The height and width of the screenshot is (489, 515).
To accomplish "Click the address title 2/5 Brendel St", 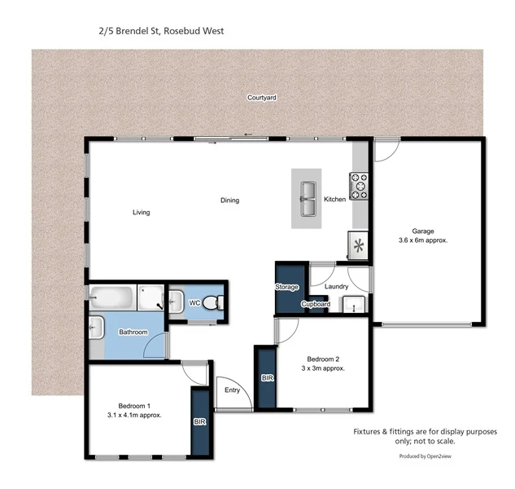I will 156,31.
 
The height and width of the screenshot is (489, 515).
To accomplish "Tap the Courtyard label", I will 262,97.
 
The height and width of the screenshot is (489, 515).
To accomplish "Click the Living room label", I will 142,213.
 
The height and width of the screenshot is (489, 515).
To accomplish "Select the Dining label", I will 229,200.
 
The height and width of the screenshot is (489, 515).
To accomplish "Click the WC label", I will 194,303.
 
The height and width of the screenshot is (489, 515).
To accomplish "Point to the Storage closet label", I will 286,287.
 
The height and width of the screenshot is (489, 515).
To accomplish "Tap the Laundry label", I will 336,287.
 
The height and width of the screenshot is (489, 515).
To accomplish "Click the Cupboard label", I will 315,305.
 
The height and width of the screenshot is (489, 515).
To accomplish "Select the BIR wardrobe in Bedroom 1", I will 199,422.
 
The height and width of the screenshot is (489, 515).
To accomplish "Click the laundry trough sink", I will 352,305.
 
